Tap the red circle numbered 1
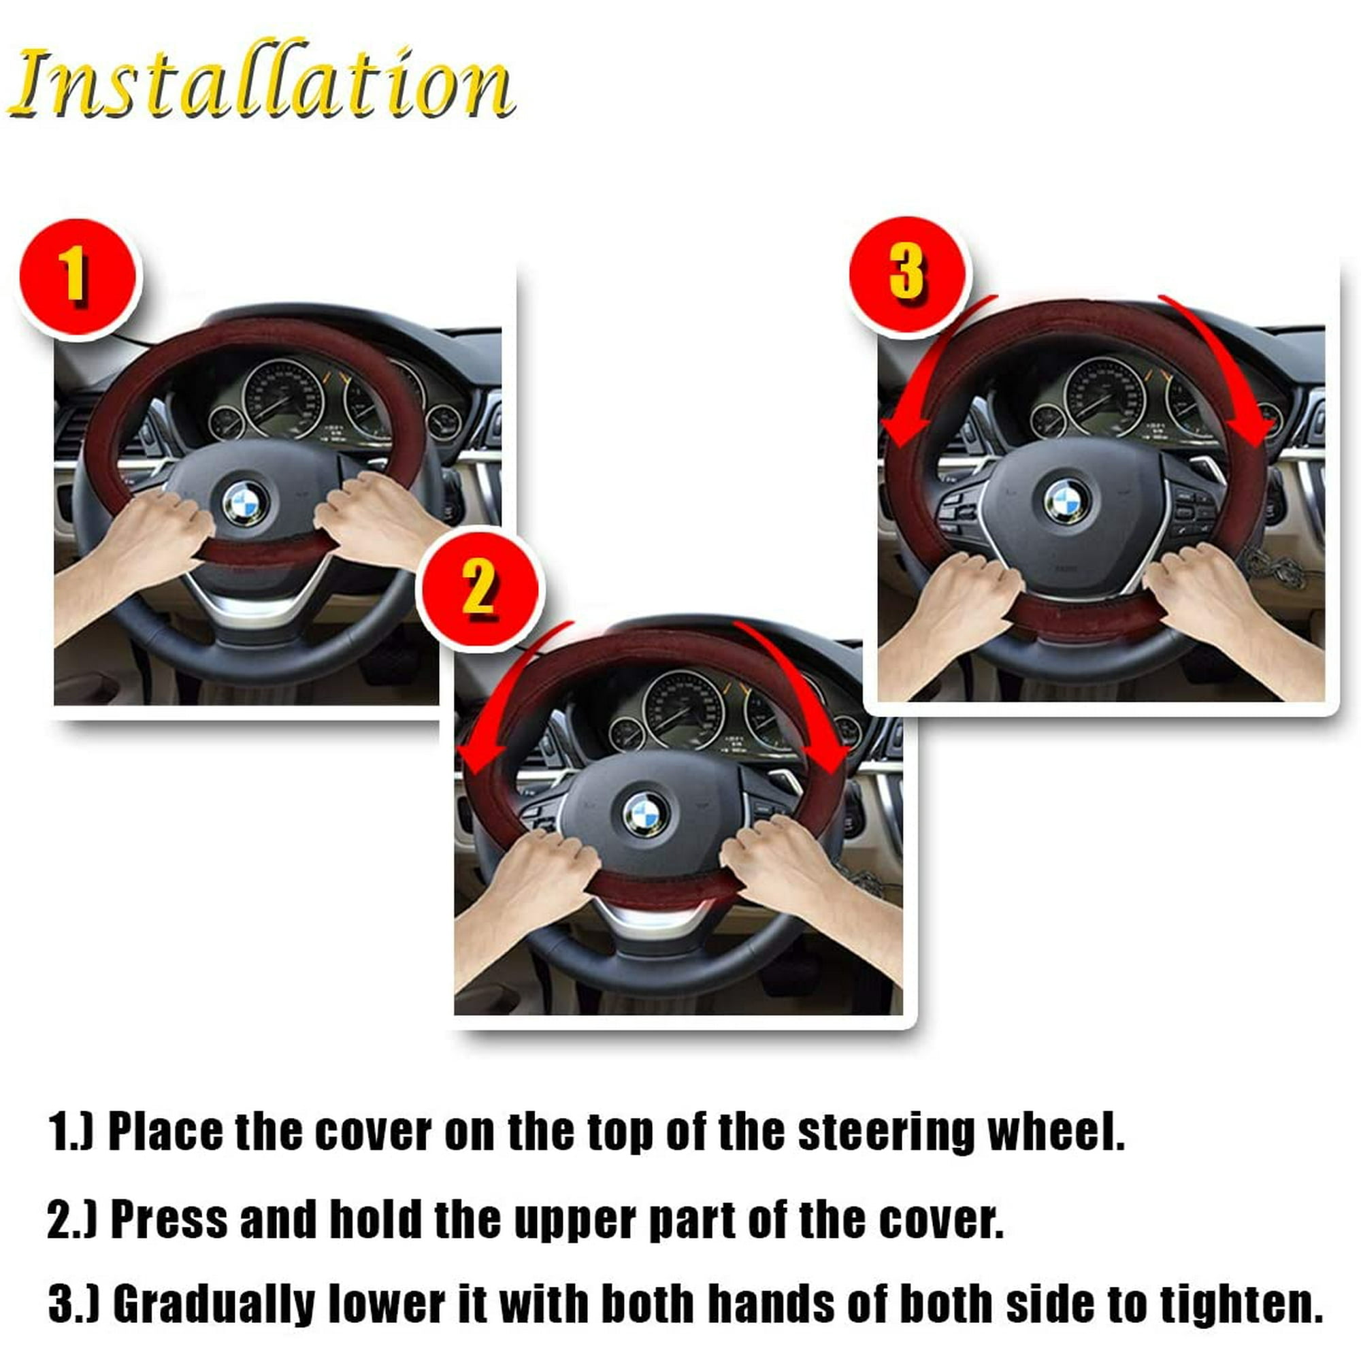pos(78,278)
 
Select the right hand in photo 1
pos(380,518)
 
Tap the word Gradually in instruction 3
pos(215,1305)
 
